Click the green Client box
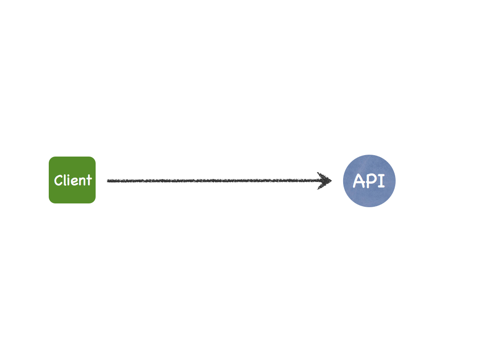[x=72, y=180]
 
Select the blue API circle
[x=369, y=181]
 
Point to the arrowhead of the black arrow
[x=331, y=180]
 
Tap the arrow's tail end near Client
[x=107, y=181]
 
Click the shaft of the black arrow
[x=214, y=180]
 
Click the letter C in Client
[x=58, y=180]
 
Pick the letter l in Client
[x=65, y=180]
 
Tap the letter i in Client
[x=69, y=180]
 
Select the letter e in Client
[x=75, y=182]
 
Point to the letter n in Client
[x=82, y=182]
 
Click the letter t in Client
[x=89, y=180]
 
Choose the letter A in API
[x=359, y=180]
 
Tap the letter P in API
[x=371, y=180]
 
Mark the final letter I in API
[x=381, y=180]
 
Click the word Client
[x=73, y=180]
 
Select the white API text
[x=369, y=180]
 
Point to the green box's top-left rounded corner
[x=51, y=158]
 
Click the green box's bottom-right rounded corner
[x=94, y=202]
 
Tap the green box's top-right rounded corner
[x=94, y=158]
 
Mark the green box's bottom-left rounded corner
[x=51, y=202]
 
